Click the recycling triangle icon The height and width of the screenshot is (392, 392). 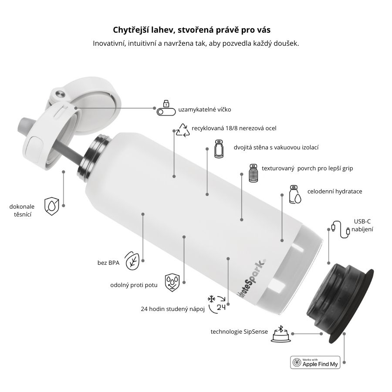click(182, 129)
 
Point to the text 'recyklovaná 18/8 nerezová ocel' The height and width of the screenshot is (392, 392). click(234, 128)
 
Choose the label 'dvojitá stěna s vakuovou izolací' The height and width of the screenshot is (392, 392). click(276, 148)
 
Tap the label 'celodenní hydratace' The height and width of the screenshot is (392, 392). click(335, 191)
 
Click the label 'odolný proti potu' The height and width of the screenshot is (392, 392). click(134, 285)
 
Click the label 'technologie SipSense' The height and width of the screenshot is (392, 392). click(239, 332)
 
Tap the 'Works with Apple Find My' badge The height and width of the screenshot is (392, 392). click(315, 362)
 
